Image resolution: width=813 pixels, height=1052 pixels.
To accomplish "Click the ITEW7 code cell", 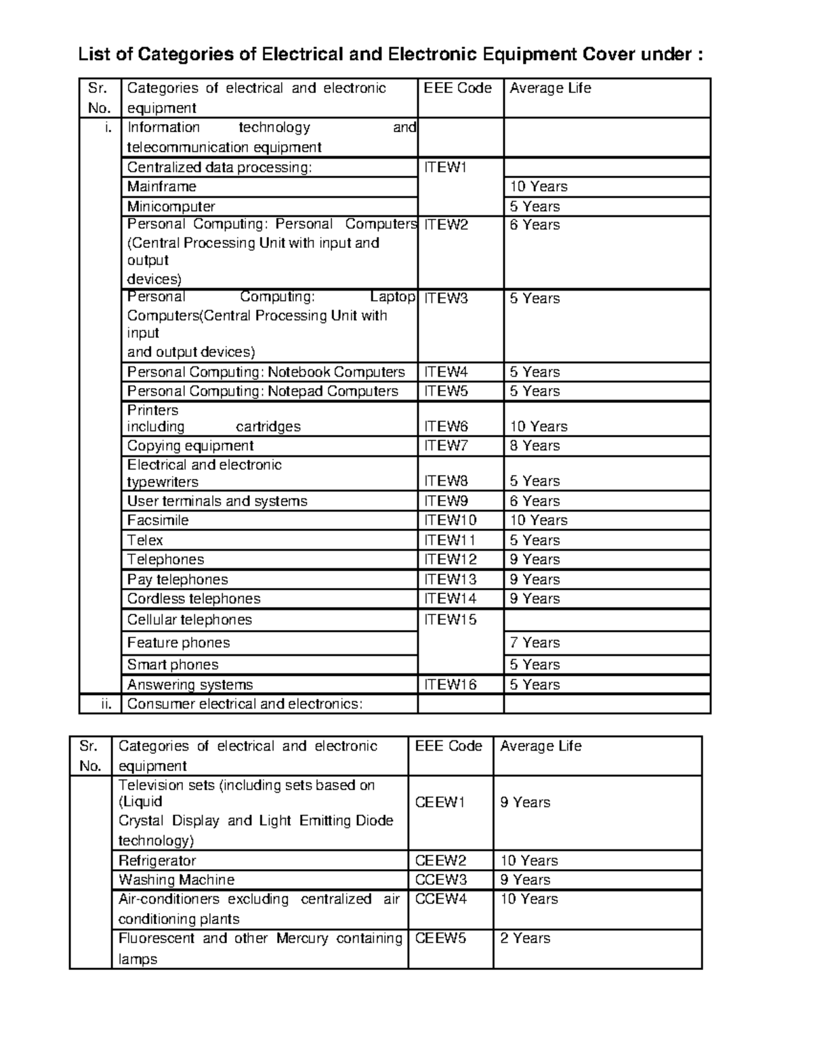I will coord(446,446).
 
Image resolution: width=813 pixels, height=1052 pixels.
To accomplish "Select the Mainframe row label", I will coord(162,186).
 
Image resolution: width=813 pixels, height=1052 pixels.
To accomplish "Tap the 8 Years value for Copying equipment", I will coord(535,446).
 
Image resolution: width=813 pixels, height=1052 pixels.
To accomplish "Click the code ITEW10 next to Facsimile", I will coord(451,520).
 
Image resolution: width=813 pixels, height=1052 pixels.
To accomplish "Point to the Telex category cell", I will coord(146,540).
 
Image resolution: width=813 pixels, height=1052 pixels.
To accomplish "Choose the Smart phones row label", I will coord(173,665).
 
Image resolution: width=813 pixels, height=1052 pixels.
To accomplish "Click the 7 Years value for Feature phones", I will coord(535,642).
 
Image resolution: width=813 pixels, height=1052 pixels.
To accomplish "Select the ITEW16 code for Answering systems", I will coord(451,685).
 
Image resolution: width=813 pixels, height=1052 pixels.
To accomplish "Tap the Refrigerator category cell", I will coord(157,860).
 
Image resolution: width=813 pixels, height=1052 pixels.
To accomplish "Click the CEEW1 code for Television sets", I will coord(440,802).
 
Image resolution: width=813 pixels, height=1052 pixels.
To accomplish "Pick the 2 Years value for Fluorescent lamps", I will coord(525,938).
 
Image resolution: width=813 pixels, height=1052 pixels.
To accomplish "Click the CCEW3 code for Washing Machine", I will coord(440,880).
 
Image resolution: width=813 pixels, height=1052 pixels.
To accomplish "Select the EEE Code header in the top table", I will coord(457,88).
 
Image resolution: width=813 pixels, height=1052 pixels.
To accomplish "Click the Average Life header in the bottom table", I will coord(541,746).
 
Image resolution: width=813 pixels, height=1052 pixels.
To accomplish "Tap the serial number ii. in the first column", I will coord(106,704).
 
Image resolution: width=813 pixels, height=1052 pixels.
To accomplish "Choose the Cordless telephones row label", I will coord(194,599).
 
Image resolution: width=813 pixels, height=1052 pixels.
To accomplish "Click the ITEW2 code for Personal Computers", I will coord(446,225).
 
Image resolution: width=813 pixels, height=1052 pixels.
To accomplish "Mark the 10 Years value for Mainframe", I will coord(539,186).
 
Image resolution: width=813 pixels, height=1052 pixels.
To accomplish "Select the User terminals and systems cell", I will coord(217,501).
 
